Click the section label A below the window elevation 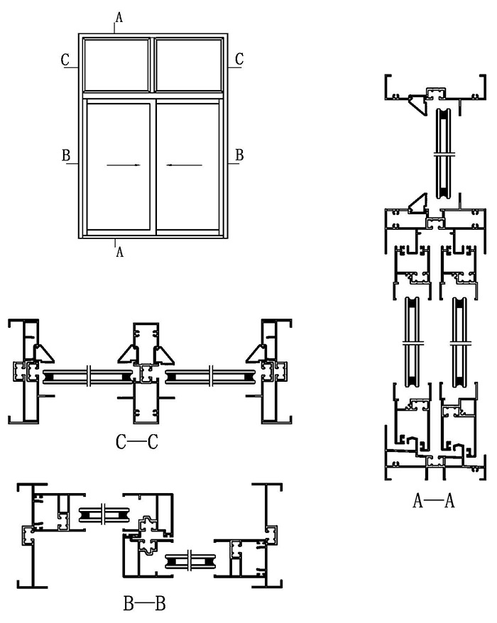[x=119, y=252]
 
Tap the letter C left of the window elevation [x=65, y=59]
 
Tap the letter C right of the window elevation [x=239, y=59]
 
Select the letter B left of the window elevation [x=65, y=154]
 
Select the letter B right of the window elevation [x=239, y=154]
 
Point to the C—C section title [x=136, y=443]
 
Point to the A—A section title [x=434, y=502]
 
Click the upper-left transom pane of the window [x=116, y=64]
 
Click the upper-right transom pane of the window [x=189, y=64]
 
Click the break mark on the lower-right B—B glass [x=191, y=561]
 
